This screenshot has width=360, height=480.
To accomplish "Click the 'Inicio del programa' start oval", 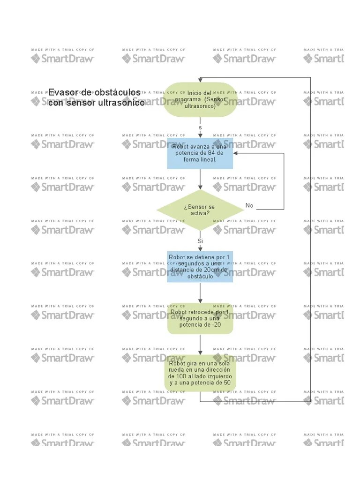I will click(200, 99).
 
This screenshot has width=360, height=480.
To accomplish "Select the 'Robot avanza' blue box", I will click(200, 153).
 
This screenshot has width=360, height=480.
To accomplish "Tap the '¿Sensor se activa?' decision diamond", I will click(200, 210).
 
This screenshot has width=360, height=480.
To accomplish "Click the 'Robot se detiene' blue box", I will click(200, 267).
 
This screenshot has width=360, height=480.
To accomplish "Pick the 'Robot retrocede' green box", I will click(200, 318).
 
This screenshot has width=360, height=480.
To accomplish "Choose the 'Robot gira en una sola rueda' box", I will click(200, 373).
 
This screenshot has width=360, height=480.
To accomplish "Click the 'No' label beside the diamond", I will click(249, 206).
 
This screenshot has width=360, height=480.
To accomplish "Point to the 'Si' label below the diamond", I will click(200, 241).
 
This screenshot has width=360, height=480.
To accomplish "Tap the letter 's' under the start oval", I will click(200, 127).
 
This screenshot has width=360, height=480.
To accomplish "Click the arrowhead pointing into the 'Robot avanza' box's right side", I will click(235, 153).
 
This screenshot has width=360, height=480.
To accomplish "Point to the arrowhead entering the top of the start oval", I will click(200, 80).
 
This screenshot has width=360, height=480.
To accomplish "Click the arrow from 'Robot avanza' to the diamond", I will click(200, 180).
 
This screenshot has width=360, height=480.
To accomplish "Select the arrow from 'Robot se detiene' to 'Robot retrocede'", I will click(200, 292).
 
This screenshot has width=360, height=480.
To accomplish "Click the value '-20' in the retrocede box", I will click(215, 324).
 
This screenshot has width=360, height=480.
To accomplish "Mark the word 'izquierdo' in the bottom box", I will click(218, 376).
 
